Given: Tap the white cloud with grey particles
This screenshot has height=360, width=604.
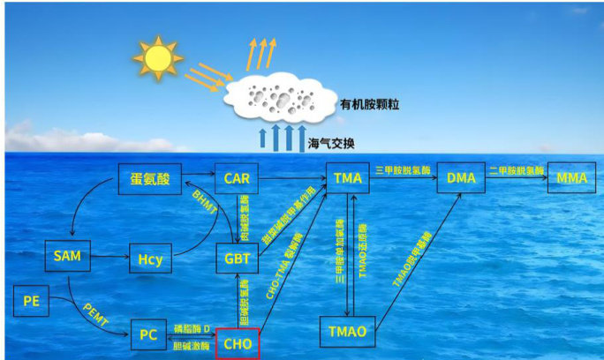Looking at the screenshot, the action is [x=278, y=97].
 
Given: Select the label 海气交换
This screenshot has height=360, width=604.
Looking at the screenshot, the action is [x=331, y=141].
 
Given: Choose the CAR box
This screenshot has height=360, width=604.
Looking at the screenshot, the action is [x=237, y=179].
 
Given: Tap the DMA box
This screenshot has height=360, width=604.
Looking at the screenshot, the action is [x=461, y=179].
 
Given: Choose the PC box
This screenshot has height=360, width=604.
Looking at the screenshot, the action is [x=148, y=335].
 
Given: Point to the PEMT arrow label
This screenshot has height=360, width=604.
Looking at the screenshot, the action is [x=95, y=313].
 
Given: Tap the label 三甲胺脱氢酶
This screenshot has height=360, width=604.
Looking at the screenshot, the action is [x=403, y=169].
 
